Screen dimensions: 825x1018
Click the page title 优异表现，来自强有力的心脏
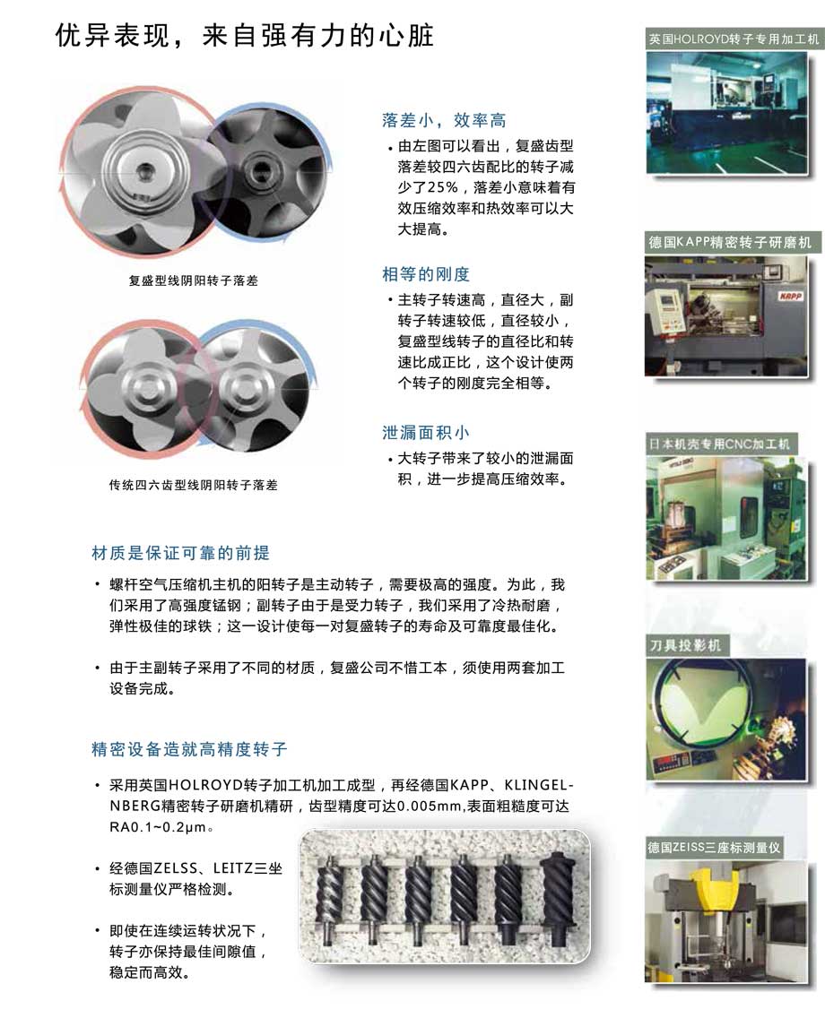pyautogui.click(x=244, y=36)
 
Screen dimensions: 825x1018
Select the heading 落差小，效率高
pyautogui.click(x=444, y=120)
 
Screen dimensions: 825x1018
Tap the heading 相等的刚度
pyautogui.click(x=426, y=274)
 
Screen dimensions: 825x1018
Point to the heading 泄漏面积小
pyautogui.click(x=426, y=433)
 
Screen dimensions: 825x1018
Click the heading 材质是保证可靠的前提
pyautogui.click(x=180, y=553)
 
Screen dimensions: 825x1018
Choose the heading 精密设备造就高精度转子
pyautogui.click(x=190, y=749)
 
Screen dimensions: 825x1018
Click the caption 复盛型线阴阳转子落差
pyautogui.click(x=194, y=280)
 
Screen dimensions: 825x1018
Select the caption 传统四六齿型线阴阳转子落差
pyautogui.click(x=194, y=485)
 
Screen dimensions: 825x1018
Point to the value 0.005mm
pyautogui.click(x=429, y=807)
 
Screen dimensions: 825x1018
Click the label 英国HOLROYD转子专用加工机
pyautogui.click(x=734, y=39)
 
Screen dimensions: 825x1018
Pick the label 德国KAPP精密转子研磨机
pyautogui.click(x=730, y=243)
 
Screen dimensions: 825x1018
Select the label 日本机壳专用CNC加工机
pyautogui.click(x=719, y=444)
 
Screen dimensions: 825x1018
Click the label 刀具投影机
pyautogui.click(x=685, y=645)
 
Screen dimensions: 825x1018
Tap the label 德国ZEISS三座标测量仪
pyautogui.click(x=714, y=847)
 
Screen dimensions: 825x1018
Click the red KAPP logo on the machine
pyautogui.click(x=790, y=296)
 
